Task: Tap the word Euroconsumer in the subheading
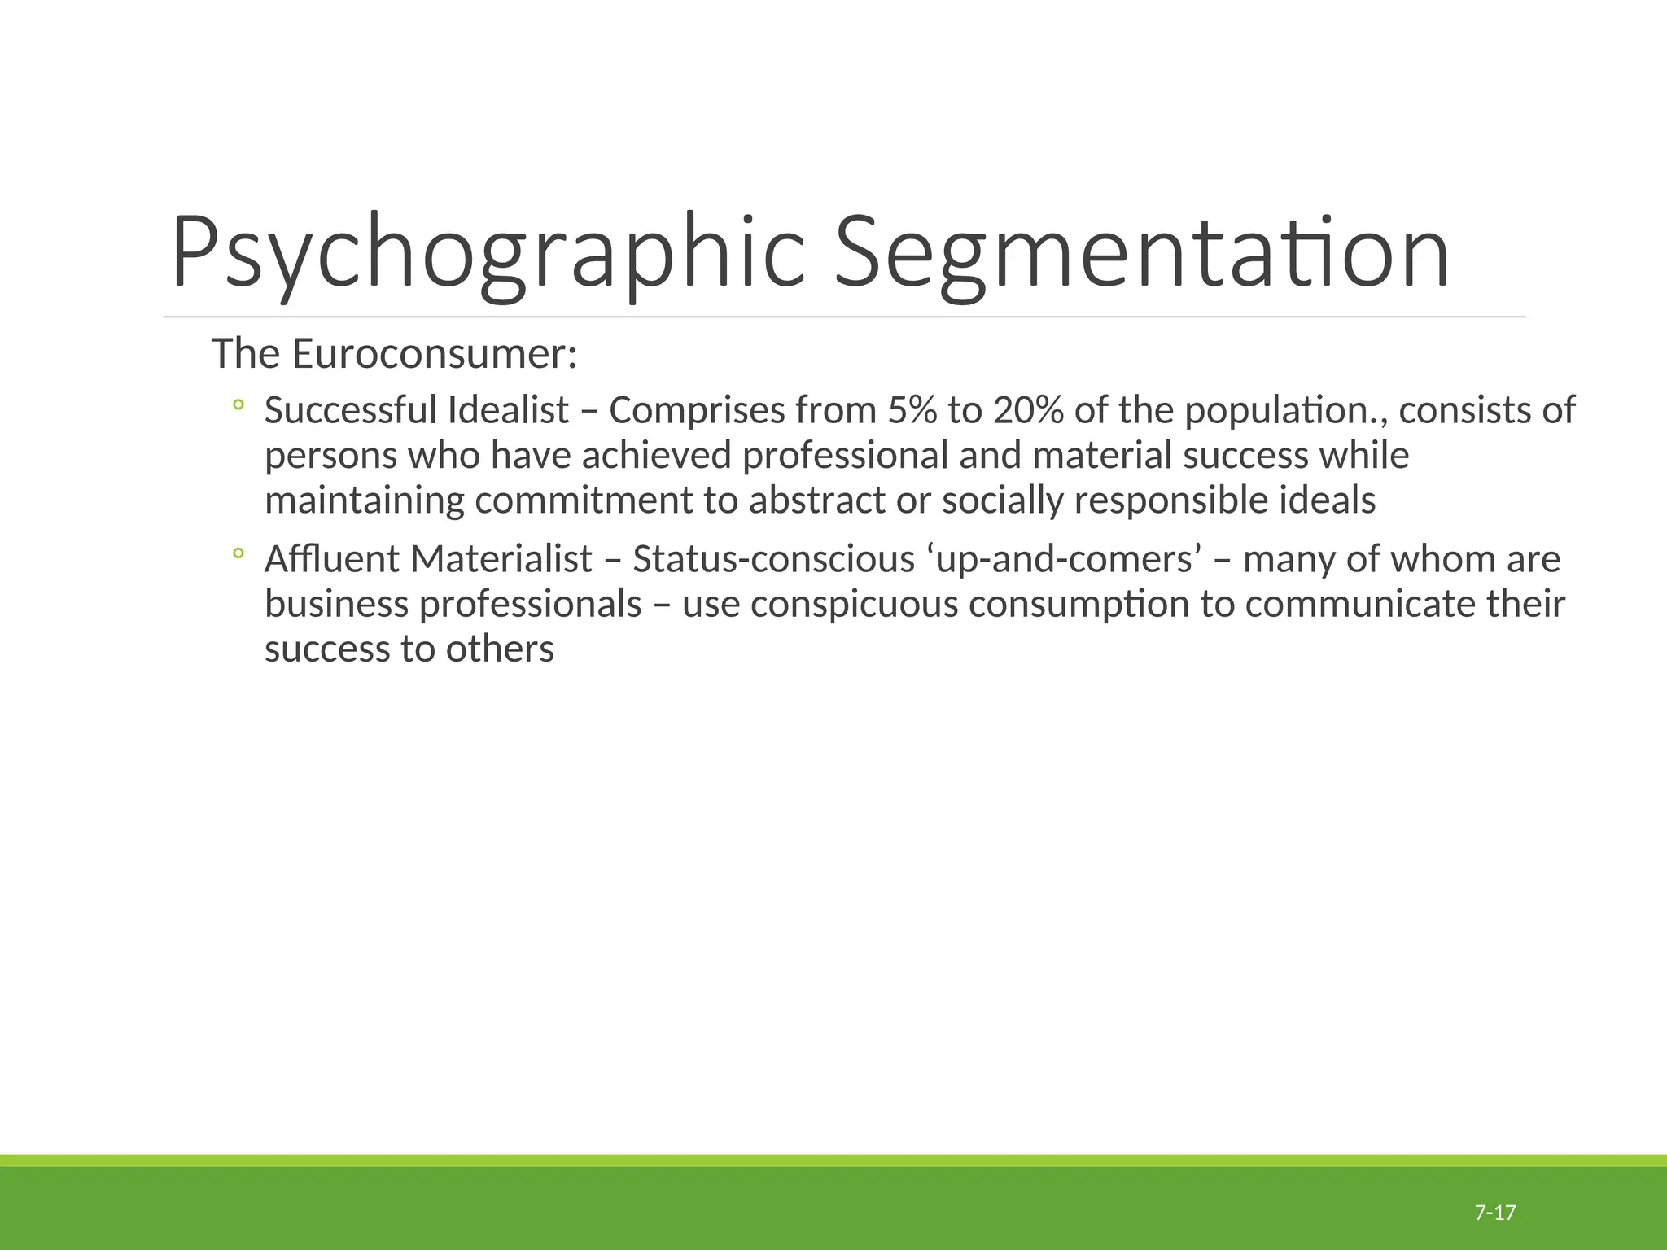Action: pos(433,355)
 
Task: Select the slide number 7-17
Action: pos(1495,1213)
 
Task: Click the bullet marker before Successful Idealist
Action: pos(238,404)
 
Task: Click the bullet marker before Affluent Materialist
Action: pos(238,554)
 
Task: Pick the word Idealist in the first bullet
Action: pos(507,410)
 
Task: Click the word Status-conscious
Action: pos(773,560)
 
